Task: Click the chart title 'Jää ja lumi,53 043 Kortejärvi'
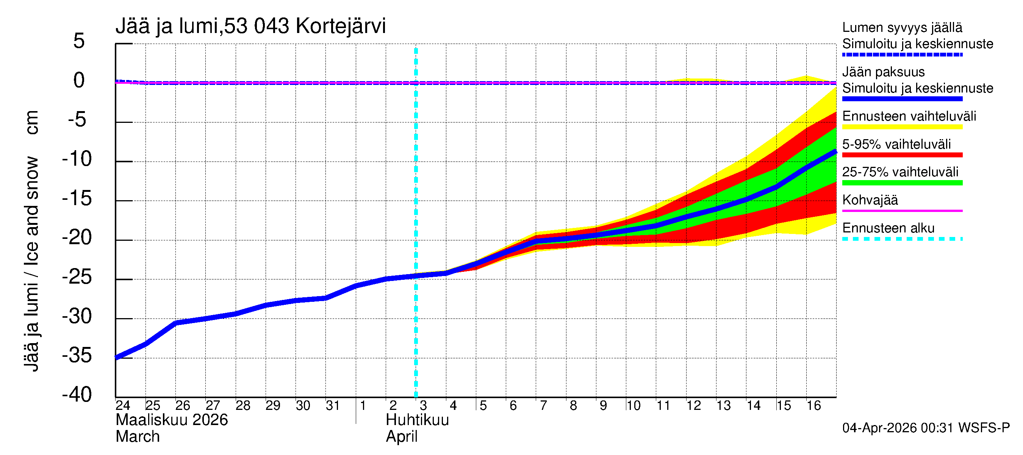pyautogui.click(x=250, y=26)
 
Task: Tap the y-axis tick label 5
pyautogui.click(x=79, y=41)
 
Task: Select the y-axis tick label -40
pyautogui.click(x=77, y=395)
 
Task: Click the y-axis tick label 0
pyautogui.click(x=79, y=80)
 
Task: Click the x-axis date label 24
pyautogui.click(x=123, y=405)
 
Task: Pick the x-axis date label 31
pyautogui.click(x=333, y=405)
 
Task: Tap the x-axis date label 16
pyautogui.click(x=813, y=405)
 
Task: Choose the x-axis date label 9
pyautogui.click(x=603, y=405)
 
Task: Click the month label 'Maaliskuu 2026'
pyautogui.click(x=172, y=420)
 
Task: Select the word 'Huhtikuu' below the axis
pyautogui.click(x=417, y=420)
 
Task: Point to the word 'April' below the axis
pyautogui.click(x=402, y=437)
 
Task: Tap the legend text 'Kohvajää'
pyautogui.click(x=870, y=200)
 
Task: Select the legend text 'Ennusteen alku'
pyautogui.click(x=888, y=228)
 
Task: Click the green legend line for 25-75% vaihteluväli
pyautogui.click(x=902, y=183)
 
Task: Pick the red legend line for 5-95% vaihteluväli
pyautogui.click(x=902, y=155)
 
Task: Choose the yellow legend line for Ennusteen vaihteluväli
pyautogui.click(x=902, y=127)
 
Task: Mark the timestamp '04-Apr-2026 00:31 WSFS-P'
pyautogui.click(x=926, y=428)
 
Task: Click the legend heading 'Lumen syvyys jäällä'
pyautogui.click(x=902, y=27)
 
